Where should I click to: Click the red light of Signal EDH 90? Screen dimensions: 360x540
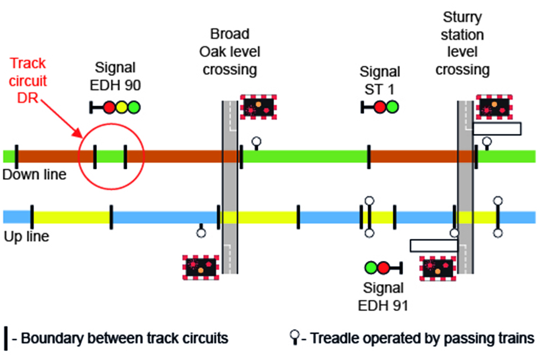tap(109, 106)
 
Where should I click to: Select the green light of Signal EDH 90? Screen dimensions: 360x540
tap(134, 106)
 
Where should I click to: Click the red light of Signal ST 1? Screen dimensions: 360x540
tap(380, 106)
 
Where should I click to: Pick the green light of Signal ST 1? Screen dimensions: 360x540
tap(393, 106)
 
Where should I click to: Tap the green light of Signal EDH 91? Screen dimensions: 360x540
tap(371, 267)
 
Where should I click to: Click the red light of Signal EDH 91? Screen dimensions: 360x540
tap(384, 267)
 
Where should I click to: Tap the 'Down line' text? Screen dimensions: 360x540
tap(34, 175)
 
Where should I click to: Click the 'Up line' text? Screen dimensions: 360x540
tap(26, 236)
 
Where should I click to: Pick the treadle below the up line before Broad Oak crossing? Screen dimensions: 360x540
tap(201, 231)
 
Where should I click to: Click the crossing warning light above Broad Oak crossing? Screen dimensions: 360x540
tap(257, 106)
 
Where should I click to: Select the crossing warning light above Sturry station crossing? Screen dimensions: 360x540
tap(493, 106)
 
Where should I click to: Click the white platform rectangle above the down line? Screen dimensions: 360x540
tap(497, 129)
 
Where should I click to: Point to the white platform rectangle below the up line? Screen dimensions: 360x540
tap(434, 246)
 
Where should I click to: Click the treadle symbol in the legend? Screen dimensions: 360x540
tap(294, 337)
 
